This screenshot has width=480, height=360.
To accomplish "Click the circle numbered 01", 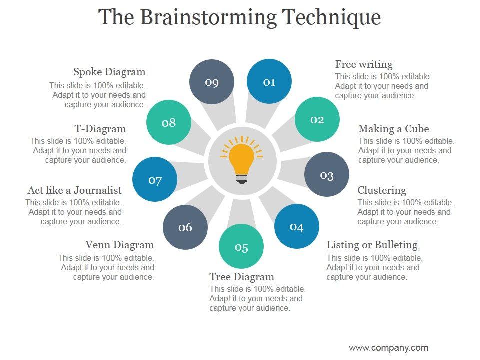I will pyautogui.click(x=269, y=82).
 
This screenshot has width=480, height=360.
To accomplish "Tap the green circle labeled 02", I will pyautogui.click(x=317, y=119).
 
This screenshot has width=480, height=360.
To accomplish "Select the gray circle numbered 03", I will pyautogui.click(x=326, y=175).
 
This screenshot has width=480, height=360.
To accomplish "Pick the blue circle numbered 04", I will pyautogui.click(x=296, y=227).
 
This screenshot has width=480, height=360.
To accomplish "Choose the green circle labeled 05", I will pyautogui.click(x=241, y=247).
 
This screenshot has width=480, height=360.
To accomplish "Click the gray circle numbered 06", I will pyautogui.click(x=185, y=227).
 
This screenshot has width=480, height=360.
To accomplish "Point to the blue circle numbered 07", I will pyautogui.click(x=155, y=180).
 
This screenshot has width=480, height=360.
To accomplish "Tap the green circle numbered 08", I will pyautogui.click(x=169, y=122).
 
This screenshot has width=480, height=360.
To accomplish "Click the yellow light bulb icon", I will pyautogui.click(x=242, y=159).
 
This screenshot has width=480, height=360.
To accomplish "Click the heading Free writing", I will pyautogui.click(x=364, y=64).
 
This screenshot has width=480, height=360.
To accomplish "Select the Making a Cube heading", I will pyautogui.click(x=393, y=129).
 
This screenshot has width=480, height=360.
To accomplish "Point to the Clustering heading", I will pyautogui.click(x=382, y=190).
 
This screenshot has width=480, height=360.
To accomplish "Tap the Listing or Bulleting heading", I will pyautogui.click(x=372, y=245).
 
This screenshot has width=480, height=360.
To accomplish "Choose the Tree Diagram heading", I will pyautogui.click(x=242, y=277).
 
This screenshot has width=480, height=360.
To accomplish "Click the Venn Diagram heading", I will pyautogui.click(x=120, y=245).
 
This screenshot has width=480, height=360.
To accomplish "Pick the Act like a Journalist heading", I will pyautogui.click(x=75, y=190).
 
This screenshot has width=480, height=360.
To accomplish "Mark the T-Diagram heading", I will pyautogui.click(x=100, y=129).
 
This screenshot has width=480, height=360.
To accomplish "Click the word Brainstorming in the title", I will pyautogui.click(x=208, y=17).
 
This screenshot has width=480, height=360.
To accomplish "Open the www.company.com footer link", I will pyautogui.click(x=388, y=348).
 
